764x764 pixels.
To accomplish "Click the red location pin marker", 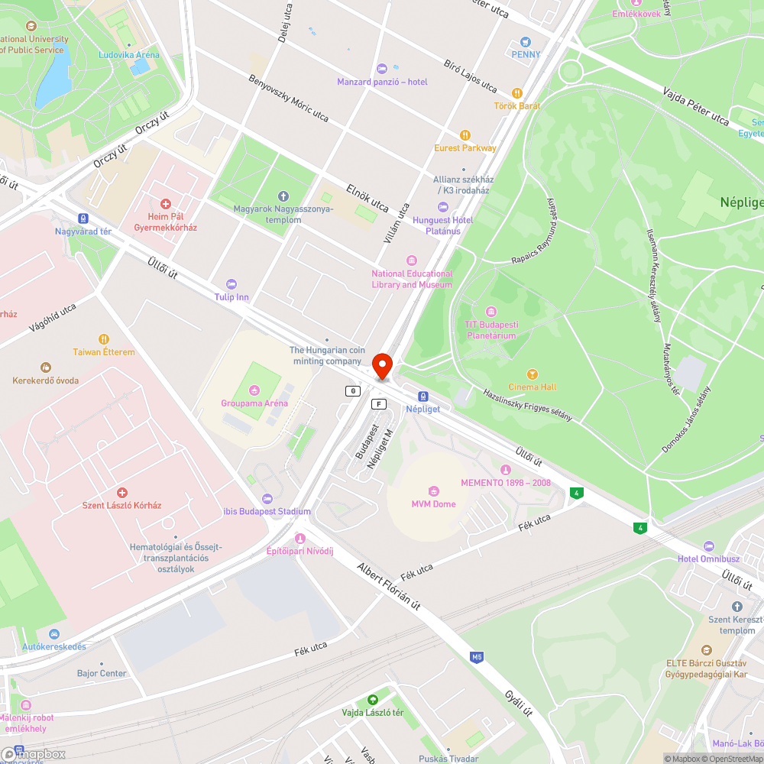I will pos(382,364).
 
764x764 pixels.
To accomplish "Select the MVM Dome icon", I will pos(434,490).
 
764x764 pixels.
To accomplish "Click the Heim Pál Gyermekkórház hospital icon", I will pos(165,203).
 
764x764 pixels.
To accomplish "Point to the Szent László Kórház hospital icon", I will pos(122,493).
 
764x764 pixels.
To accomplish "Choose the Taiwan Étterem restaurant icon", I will pos(104,339).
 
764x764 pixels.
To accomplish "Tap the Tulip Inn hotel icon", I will pos(232,284).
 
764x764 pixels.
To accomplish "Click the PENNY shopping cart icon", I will pos(526,42).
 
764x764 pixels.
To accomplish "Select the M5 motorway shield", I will pos(477,656).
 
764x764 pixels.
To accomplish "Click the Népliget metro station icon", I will pos(423,397).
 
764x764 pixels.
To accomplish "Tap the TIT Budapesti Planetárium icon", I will pos(490,312).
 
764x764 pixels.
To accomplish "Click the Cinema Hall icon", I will pos(533,374).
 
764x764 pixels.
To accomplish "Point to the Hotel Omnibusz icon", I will pos(708,546).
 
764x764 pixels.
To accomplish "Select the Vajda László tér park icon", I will pos(372,700).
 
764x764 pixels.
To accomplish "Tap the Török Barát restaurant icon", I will pos(517,93).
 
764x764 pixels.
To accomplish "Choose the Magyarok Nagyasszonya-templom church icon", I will pos(283,196).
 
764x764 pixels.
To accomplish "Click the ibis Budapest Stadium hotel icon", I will pos(267,498).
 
